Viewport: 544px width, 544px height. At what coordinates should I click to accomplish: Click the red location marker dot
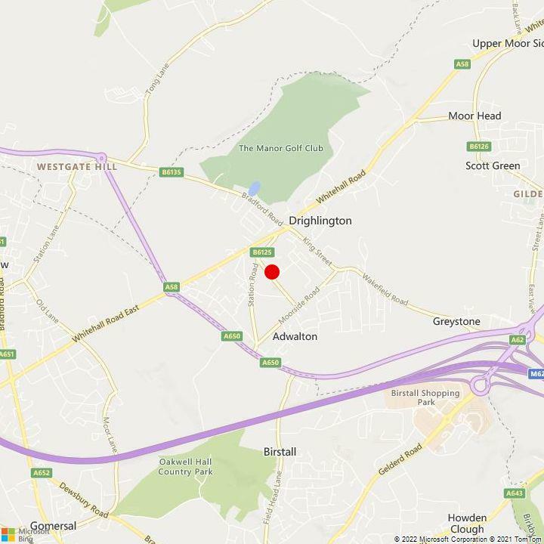(x=272, y=272)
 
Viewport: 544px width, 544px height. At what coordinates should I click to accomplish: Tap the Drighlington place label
(x=320, y=221)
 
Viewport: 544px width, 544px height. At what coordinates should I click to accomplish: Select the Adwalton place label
(x=295, y=336)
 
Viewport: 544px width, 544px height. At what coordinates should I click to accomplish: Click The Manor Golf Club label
(x=281, y=148)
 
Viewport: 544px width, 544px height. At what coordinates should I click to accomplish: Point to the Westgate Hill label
(x=77, y=165)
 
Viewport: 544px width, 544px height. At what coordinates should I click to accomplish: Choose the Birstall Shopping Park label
(x=425, y=397)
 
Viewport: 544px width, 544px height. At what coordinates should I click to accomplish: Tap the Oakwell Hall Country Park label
(x=186, y=466)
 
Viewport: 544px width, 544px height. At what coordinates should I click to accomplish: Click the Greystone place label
(x=456, y=322)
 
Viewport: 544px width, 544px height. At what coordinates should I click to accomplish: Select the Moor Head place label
(x=474, y=116)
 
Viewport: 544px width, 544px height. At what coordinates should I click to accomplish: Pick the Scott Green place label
(x=493, y=165)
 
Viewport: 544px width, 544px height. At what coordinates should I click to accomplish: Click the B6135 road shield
(x=172, y=172)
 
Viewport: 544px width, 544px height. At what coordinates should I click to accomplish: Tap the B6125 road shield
(x=262, y=252)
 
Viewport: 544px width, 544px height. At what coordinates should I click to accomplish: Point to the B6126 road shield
(x=479, y=147)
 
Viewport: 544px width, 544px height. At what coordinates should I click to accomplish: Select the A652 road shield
(x=42, y=473)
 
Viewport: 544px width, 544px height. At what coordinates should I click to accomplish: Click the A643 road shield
(x=515, y=493)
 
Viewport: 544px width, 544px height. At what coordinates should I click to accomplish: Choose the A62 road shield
(x=518, y=340)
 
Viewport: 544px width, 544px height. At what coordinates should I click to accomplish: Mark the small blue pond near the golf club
(x=255, y=188)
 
